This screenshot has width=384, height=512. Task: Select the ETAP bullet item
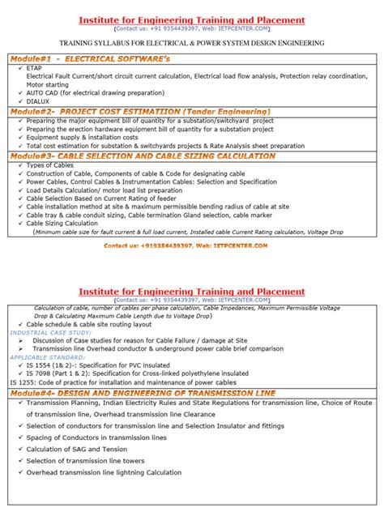(35, 69)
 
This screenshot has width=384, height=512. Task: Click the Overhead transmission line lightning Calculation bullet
(104, 472)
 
